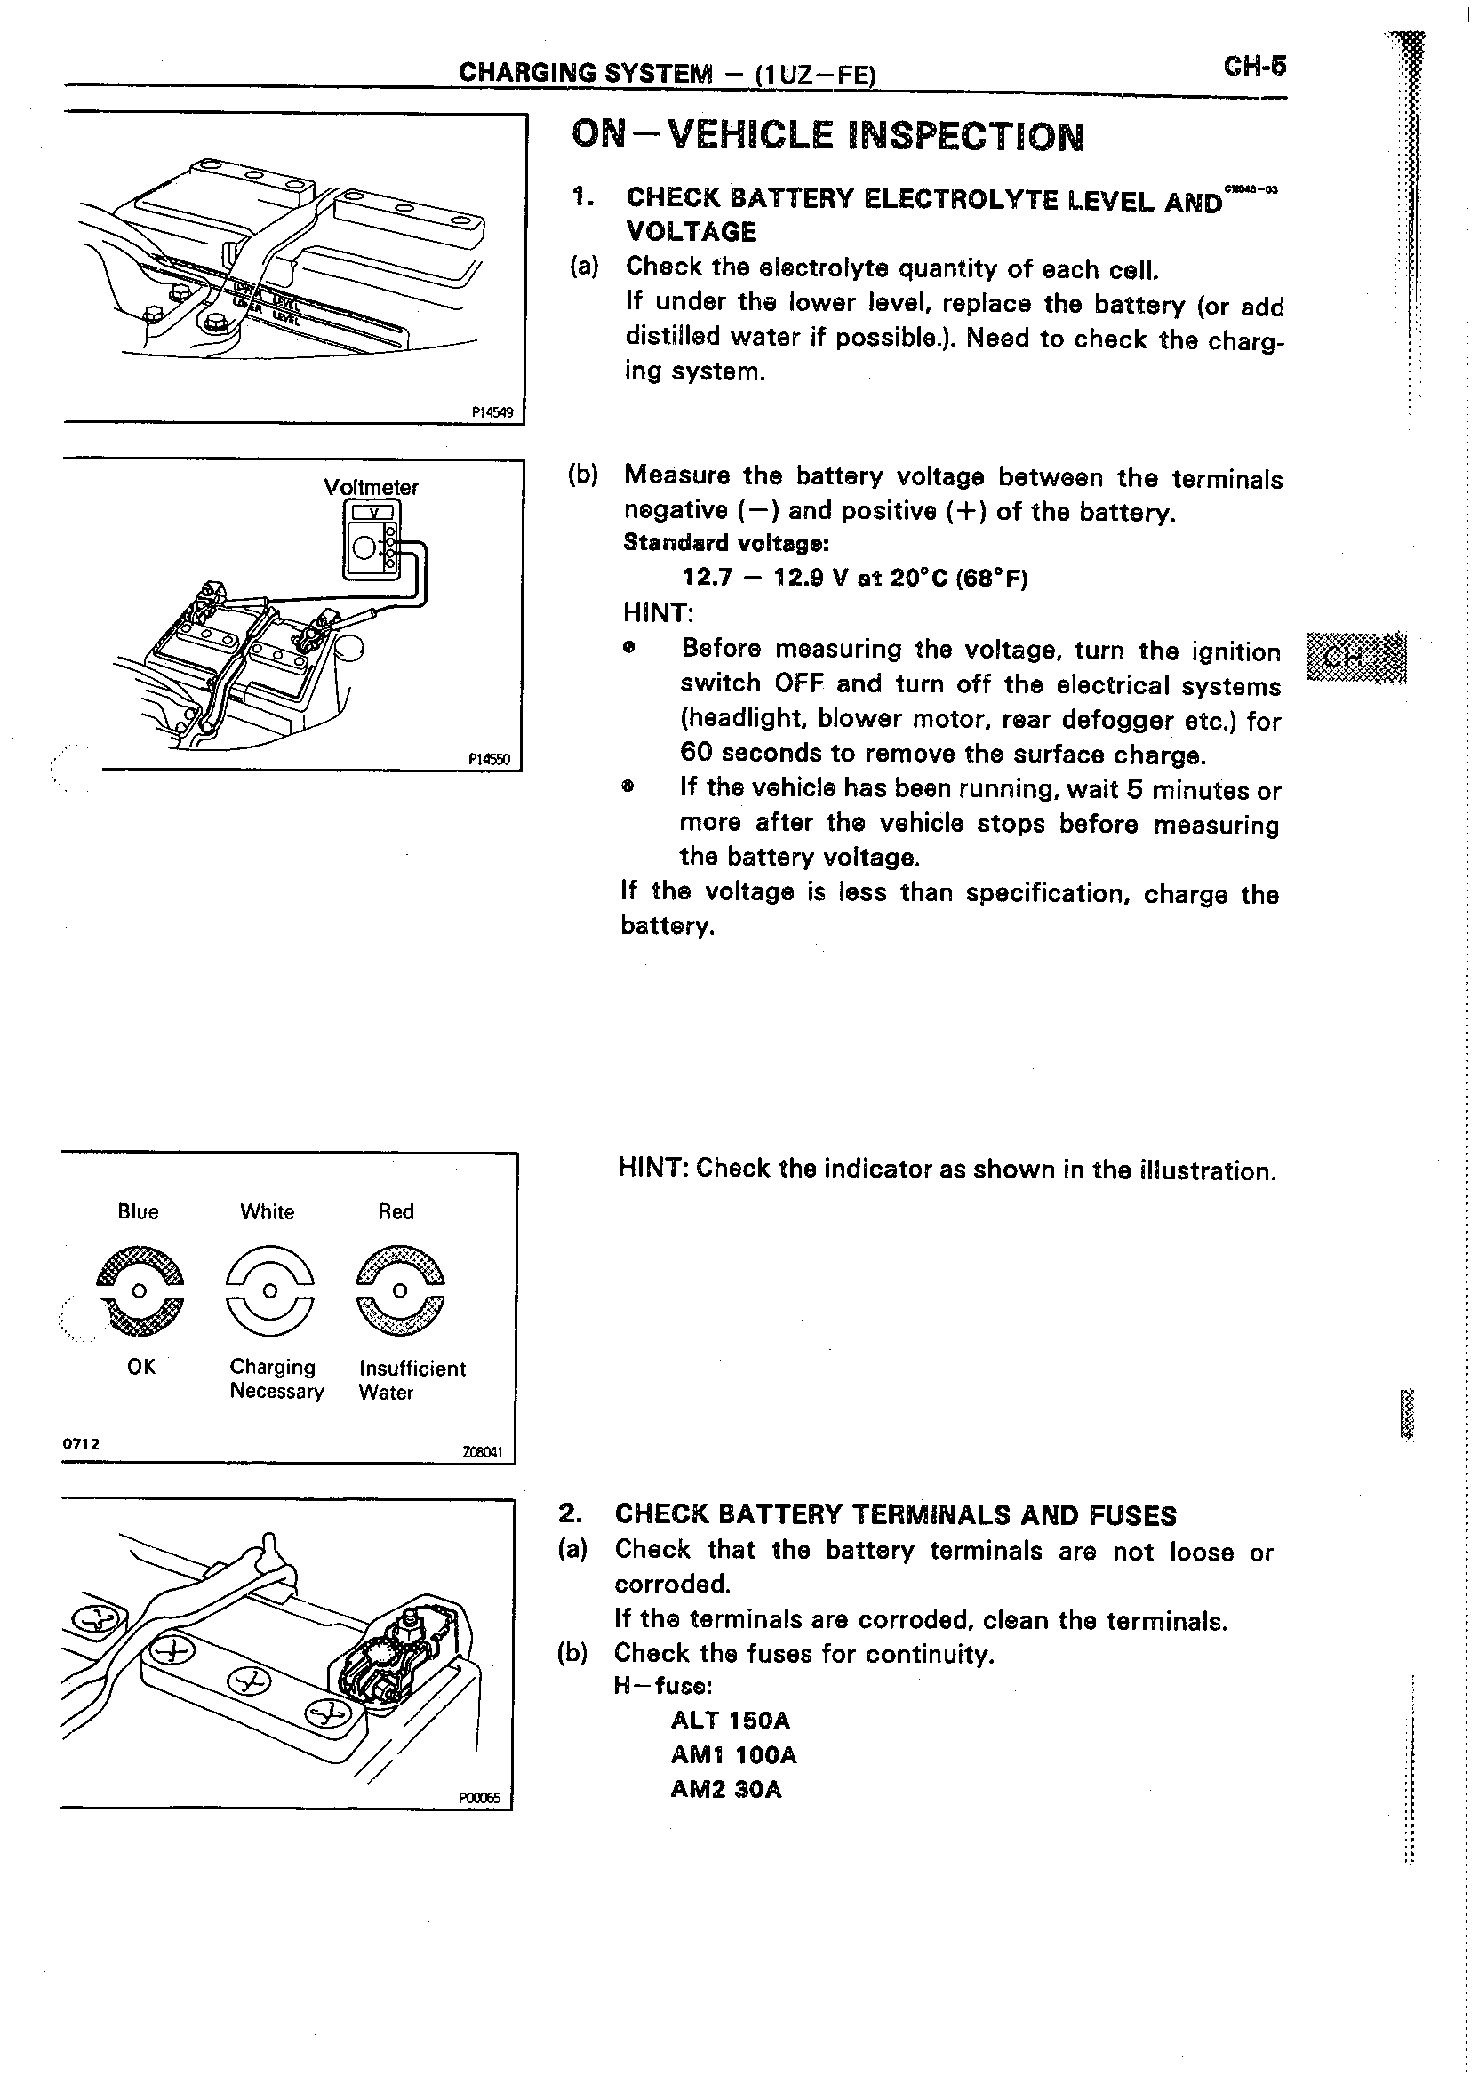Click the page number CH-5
tap(1254, 67)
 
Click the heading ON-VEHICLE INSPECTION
tap(827, 137)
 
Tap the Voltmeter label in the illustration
tap(371, 487)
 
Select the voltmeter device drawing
tap(372, 539)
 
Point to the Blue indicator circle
tap(139, 1291)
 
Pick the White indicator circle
tap(268, 1291)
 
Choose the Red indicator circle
tap(399, 1291)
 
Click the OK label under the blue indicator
tap(141, 1367)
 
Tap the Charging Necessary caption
tap(276, 1378)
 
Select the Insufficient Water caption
tap(411, 1379)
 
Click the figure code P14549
tap(492, 412)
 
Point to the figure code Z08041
tap(482, 1453)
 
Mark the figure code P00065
tap(479, 1800)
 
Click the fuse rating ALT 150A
tap(731, 1721)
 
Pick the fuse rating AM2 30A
tap(726, 1789)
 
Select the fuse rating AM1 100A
tap(733, 1754)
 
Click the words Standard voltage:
tap(726, 544)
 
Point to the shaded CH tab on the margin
tap(1355, 657)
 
